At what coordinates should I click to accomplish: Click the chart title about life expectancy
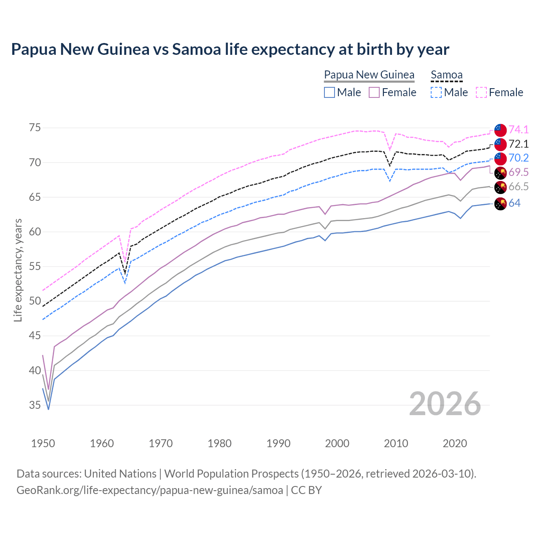(230, 49)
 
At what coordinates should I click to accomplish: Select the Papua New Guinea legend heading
(369, 75)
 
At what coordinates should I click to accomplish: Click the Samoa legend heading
(447, 75)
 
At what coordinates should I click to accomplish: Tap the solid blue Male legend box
(329, 92)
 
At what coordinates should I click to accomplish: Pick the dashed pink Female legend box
(481, 92)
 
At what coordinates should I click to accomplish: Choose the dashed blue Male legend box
(437, 92)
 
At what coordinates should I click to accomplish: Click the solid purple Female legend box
(375, 92)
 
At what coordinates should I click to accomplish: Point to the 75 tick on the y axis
(35, 127)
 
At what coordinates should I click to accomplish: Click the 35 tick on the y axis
(35, 405)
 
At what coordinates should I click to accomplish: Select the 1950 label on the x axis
(43, 443)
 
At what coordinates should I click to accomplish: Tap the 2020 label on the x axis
(455, 443)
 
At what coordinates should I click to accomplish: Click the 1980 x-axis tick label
(219, 443)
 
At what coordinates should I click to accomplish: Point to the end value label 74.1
(518, 130)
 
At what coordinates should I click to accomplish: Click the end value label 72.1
(518, 144)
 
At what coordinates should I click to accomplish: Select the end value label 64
(514, 203)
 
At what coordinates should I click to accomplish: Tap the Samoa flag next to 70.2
(500, 159)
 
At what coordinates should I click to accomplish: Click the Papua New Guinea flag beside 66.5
(500, 187)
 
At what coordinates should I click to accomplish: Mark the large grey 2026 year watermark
(445, 404)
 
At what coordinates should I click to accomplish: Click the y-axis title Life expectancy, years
(18, 270)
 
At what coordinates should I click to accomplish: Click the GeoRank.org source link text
(150, 490)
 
